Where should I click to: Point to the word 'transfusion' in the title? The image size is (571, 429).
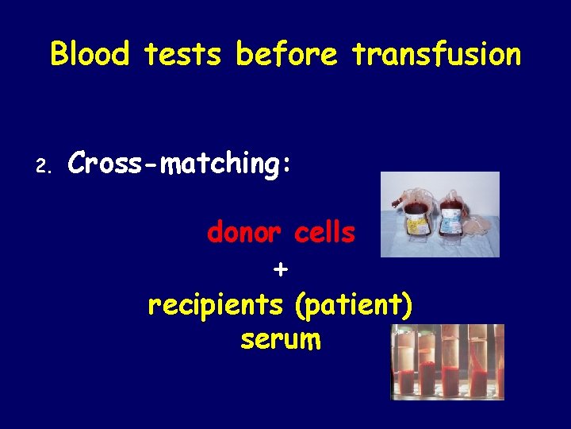pyautogui.click(x=436, y=54)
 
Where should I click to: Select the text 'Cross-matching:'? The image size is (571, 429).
pyautogui.click(x=180, y=163)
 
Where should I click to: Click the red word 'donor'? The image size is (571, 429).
pyautogui.click(x=245, y=233)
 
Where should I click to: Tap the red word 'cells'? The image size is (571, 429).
pyautogui.click(x=324, y=233)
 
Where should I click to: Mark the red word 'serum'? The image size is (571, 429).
pyautogui.click(x=280, y=340)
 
